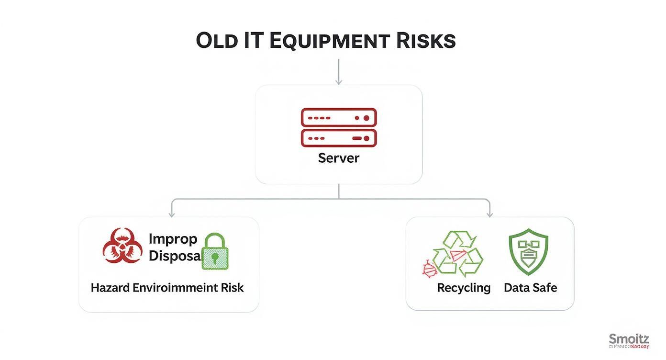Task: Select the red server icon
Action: [339, 127]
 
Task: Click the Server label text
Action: [338, 158]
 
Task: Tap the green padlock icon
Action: [215, 252]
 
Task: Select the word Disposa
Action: [174, 256]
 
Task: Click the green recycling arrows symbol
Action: [458, 254]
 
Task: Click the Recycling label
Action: [464, 288]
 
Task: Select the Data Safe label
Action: [530, 288]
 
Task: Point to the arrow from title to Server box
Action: [339, 72]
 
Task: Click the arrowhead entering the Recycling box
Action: [489, 214]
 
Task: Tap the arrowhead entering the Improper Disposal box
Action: [171, 214]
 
